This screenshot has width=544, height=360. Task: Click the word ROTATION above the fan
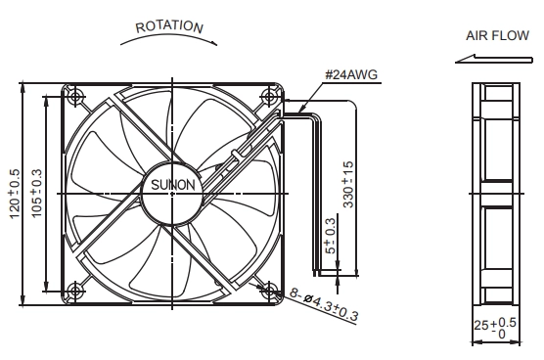click(x=169, y=26)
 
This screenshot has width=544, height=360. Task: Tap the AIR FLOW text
click(x=497, y=36)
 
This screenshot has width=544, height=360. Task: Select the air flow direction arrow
click(x=494, y=59)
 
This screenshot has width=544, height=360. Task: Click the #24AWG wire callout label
click(x=351, y=74)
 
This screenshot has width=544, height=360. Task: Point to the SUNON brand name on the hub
click(x=173, y=185)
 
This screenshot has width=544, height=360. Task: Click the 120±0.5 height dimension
click(x=15, y=194)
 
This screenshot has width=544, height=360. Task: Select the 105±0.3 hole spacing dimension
click(x=36, y=194)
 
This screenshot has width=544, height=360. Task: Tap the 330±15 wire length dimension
click(x=348, y=185)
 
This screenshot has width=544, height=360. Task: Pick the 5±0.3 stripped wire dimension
click(x=331, y=236)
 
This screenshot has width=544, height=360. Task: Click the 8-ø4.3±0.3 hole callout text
click(x=324, y=305)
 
